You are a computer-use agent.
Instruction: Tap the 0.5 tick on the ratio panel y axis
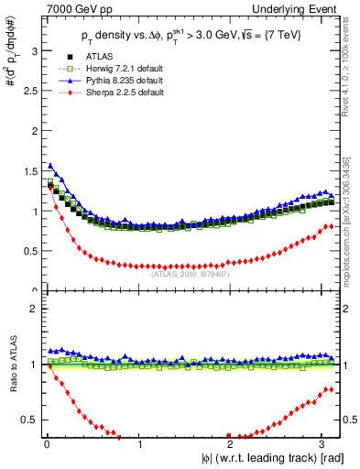click(28, 420)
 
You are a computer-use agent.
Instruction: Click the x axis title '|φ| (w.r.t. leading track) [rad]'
click(266, 459)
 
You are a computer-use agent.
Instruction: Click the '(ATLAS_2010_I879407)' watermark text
click(189, 272)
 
